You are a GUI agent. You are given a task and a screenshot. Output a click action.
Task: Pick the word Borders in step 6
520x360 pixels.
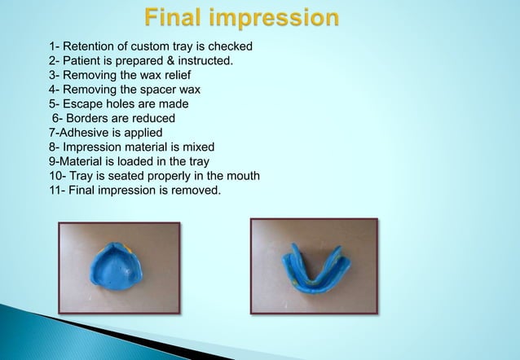tap(86, 119)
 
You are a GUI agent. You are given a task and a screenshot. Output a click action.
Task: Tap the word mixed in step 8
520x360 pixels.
tap(197, 147)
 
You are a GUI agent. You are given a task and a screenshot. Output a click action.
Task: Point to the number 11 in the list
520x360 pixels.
tap(55, 191)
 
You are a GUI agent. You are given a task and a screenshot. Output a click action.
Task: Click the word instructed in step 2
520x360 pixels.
tap(204, 61)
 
